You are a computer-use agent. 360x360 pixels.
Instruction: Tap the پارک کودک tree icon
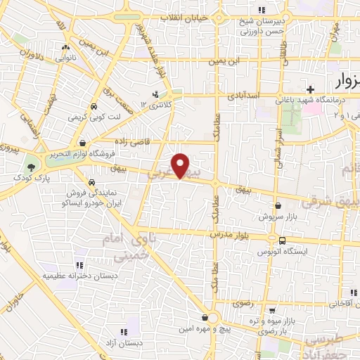click(30, 167)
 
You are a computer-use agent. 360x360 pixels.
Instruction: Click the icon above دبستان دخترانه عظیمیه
click(79, 265)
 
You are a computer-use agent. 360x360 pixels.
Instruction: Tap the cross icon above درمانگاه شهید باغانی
click(309, 89)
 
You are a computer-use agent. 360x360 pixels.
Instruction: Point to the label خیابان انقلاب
click(202, 15)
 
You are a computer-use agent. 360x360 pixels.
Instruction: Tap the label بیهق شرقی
click(336, 199)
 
